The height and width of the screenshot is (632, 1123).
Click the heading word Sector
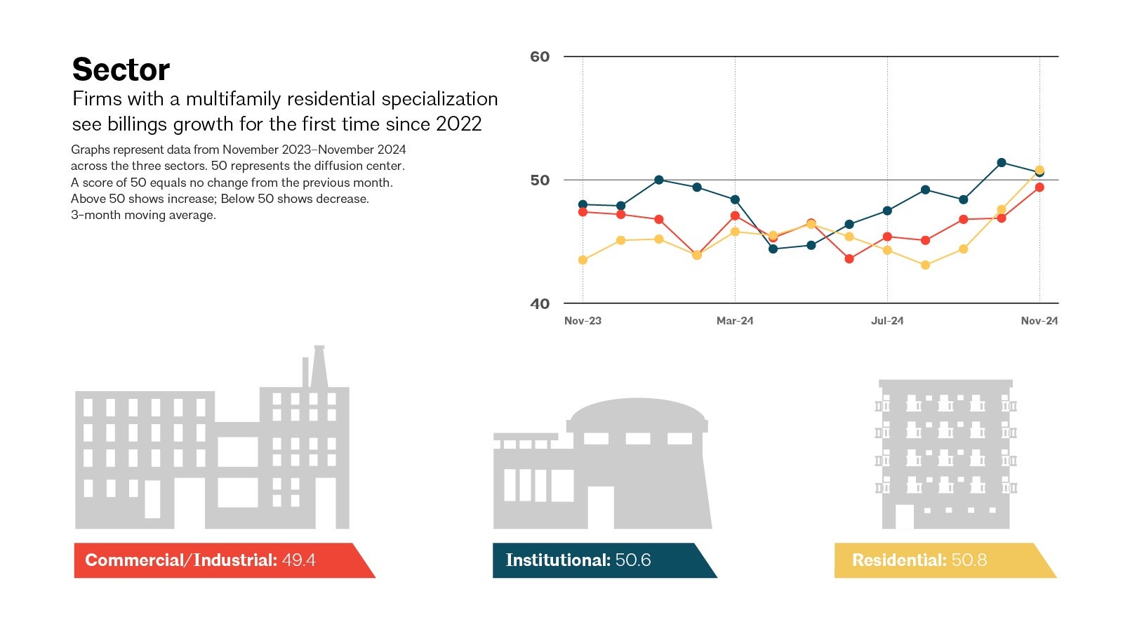coord(121,70)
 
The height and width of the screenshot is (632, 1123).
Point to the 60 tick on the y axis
coord(540,57)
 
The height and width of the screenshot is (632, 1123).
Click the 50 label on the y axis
coord(540,180)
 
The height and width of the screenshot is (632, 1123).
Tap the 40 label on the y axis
coord(540,304)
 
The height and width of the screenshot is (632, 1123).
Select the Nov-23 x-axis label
coord(583,321)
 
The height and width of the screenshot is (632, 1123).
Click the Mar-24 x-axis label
coord(735,321)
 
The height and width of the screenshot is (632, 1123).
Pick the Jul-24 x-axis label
coord(887,321)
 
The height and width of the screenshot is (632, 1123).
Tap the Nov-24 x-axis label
coord(1039,321)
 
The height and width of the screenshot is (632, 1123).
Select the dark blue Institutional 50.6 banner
coord(597,560)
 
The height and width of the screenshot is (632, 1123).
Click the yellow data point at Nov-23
coord(583,260)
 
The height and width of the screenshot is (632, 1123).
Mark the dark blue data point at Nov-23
coord(583,204)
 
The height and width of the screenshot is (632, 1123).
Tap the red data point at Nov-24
coord(1039,187)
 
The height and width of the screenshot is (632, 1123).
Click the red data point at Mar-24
coord(735,216)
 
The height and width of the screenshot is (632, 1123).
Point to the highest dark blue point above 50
coord(1002,163)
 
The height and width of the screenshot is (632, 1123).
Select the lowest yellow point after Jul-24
coord(925,265)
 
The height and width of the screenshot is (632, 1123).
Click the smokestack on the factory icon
coord(319,365)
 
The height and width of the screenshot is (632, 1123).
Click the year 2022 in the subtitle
coord(458,124)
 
